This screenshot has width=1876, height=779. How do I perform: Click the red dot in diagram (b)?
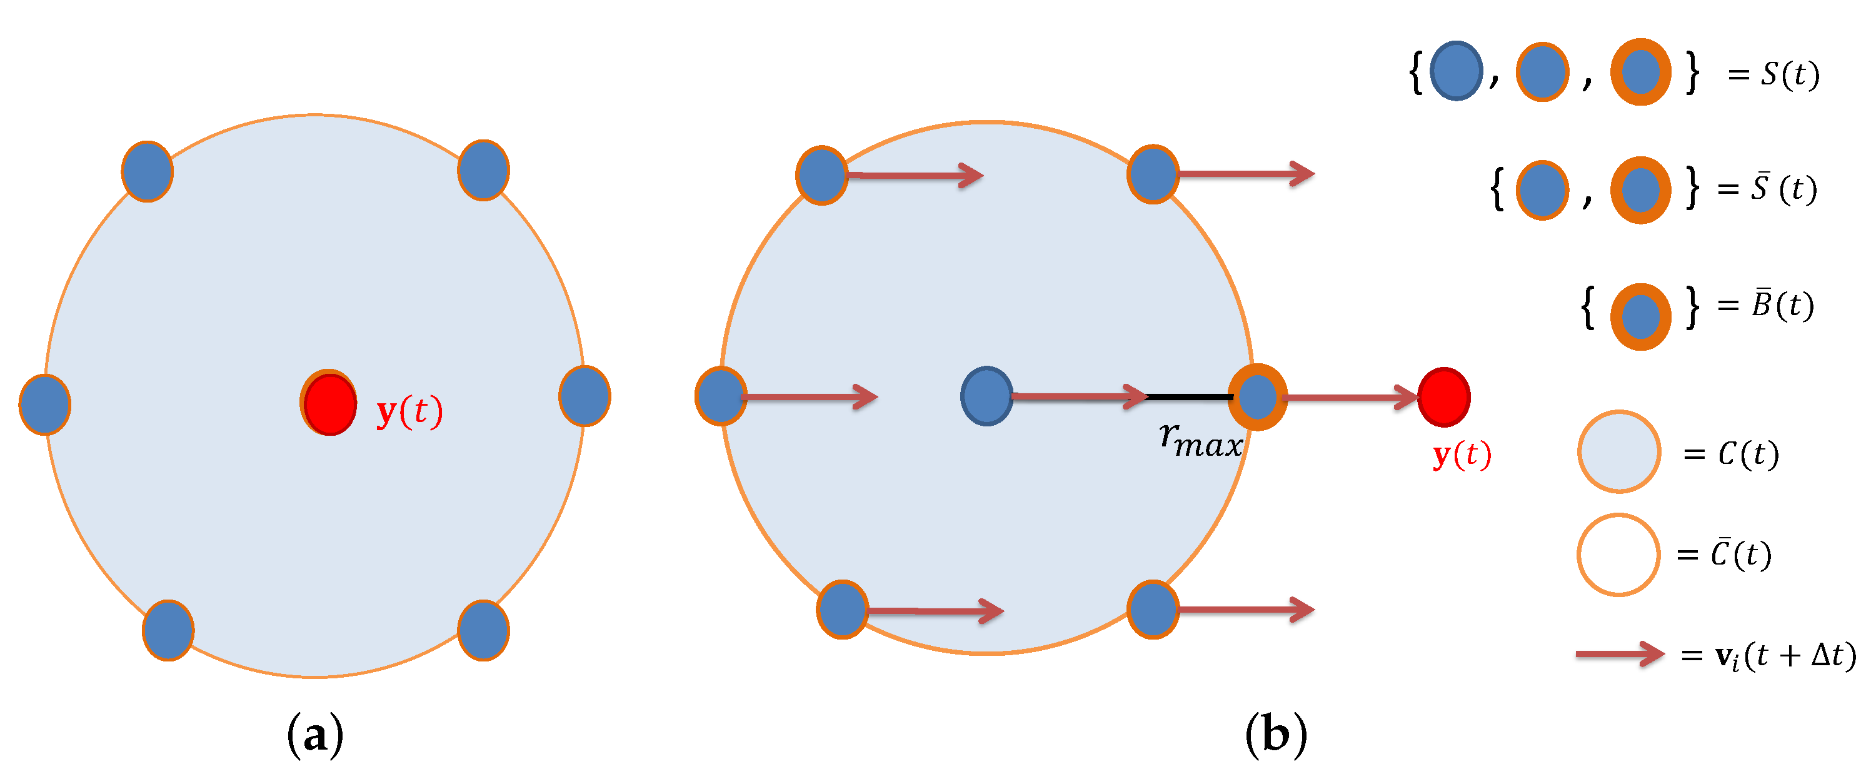tap(1444, 397)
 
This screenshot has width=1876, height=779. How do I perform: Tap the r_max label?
tap(1200, 441)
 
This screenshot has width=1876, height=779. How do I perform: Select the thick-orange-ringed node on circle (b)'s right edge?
tap(1258, 397)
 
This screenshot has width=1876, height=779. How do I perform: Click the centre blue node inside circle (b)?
tap(987, 396)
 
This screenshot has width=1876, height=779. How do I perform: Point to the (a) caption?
tap(314, 735)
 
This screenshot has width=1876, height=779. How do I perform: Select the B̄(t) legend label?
tap(1783, 305)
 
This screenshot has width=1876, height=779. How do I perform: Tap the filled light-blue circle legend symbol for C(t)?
tap(1619, 452)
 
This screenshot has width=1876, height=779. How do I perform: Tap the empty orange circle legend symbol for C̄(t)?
tap(1618, 555)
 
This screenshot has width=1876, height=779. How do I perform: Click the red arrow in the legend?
tap(1620, 654)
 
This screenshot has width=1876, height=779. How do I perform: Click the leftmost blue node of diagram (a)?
tap(45, 404)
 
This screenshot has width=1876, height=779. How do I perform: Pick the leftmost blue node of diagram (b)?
tap(721, 396)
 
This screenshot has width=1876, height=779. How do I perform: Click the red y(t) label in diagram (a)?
tap(409, 411)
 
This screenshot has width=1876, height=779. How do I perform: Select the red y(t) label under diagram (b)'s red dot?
tap(1462, 455)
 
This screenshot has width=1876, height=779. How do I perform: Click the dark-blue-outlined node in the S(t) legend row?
tap(1457, 71)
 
